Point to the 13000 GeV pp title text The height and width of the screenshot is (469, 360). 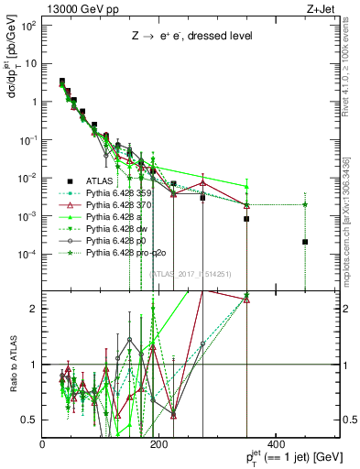coord(77,7)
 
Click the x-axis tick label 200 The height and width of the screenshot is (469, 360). coord(158,444)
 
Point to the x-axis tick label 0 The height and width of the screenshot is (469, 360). coord(43,444)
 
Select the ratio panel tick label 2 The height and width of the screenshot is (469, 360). coord(35,309)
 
